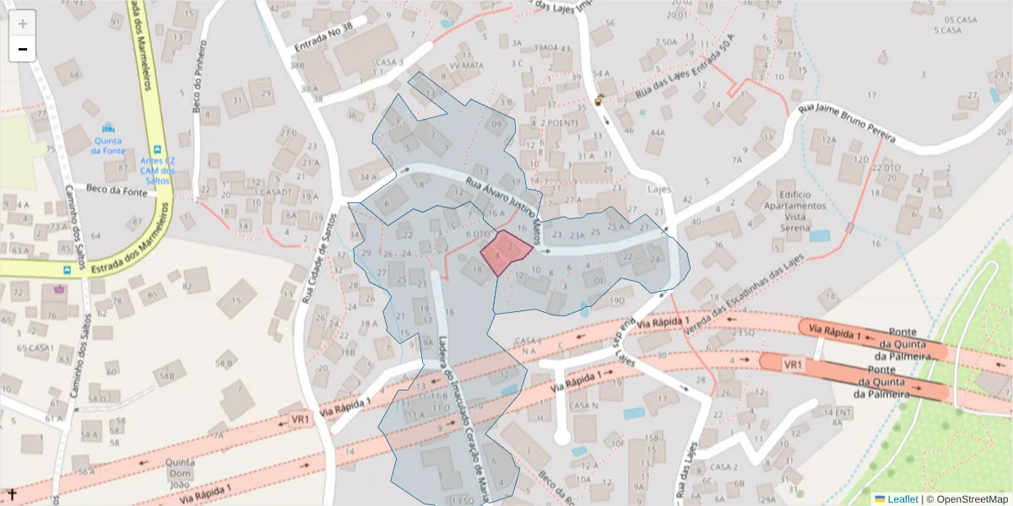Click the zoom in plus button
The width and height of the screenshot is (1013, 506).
[23, 23]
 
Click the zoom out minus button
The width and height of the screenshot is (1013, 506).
[23, 49]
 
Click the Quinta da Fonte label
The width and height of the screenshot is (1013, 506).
[108, 145]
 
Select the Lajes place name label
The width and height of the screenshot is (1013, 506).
[659, 191]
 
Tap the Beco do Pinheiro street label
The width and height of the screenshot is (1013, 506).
[200, 88]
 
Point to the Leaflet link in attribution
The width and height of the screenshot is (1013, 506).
[902, 498]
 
